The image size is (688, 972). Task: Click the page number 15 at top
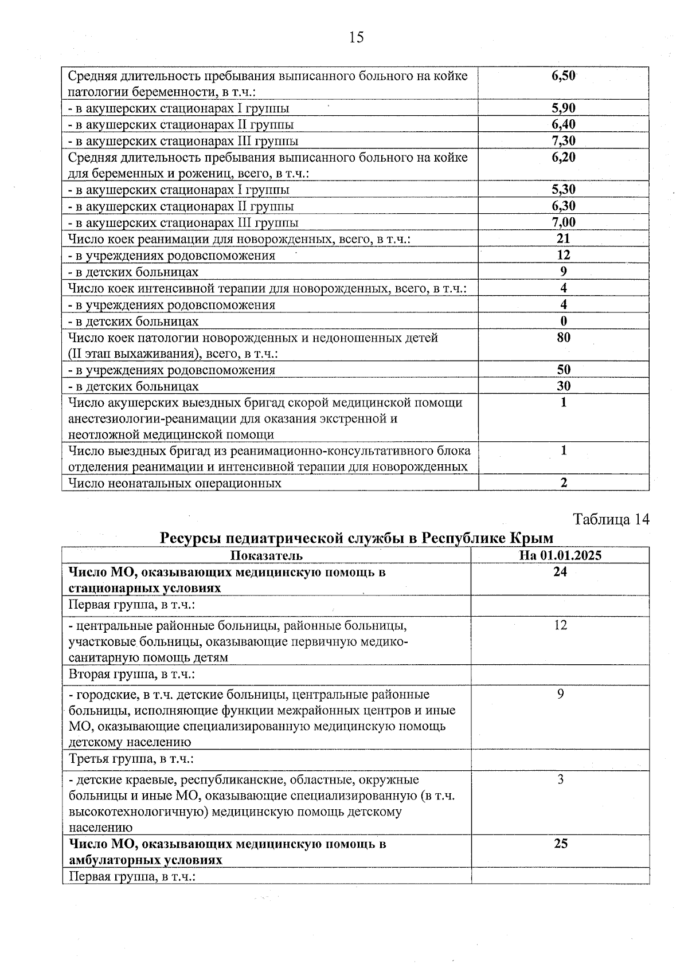click(355, 38)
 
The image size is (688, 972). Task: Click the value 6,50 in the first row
click(563, 76)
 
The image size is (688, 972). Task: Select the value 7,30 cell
click(563, 141)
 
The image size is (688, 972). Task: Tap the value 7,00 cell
click(563, 222)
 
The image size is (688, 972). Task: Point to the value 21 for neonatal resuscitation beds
click(563, 238)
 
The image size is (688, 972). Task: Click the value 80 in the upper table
click(563, 338)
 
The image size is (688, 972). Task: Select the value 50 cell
click(563, 370)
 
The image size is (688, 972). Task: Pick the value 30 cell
click(563, 386)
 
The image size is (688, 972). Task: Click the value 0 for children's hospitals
click(563, 321)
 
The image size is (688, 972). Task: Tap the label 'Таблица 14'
click(611, 520)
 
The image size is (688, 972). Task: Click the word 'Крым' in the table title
click(531, 538)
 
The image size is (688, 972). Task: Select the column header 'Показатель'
click(266, 555)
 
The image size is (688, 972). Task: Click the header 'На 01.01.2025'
click(560, 555)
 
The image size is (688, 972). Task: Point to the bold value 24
click(560, 572)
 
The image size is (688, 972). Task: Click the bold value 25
click(560, 844)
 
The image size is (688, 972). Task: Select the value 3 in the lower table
click(560, 779)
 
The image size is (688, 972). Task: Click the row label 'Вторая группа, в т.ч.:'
click(132, 675)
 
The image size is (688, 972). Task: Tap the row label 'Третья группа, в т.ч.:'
click(131, 759)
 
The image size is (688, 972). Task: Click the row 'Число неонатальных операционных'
click(175, 483)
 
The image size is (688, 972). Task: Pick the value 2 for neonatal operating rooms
click(564, 483)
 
